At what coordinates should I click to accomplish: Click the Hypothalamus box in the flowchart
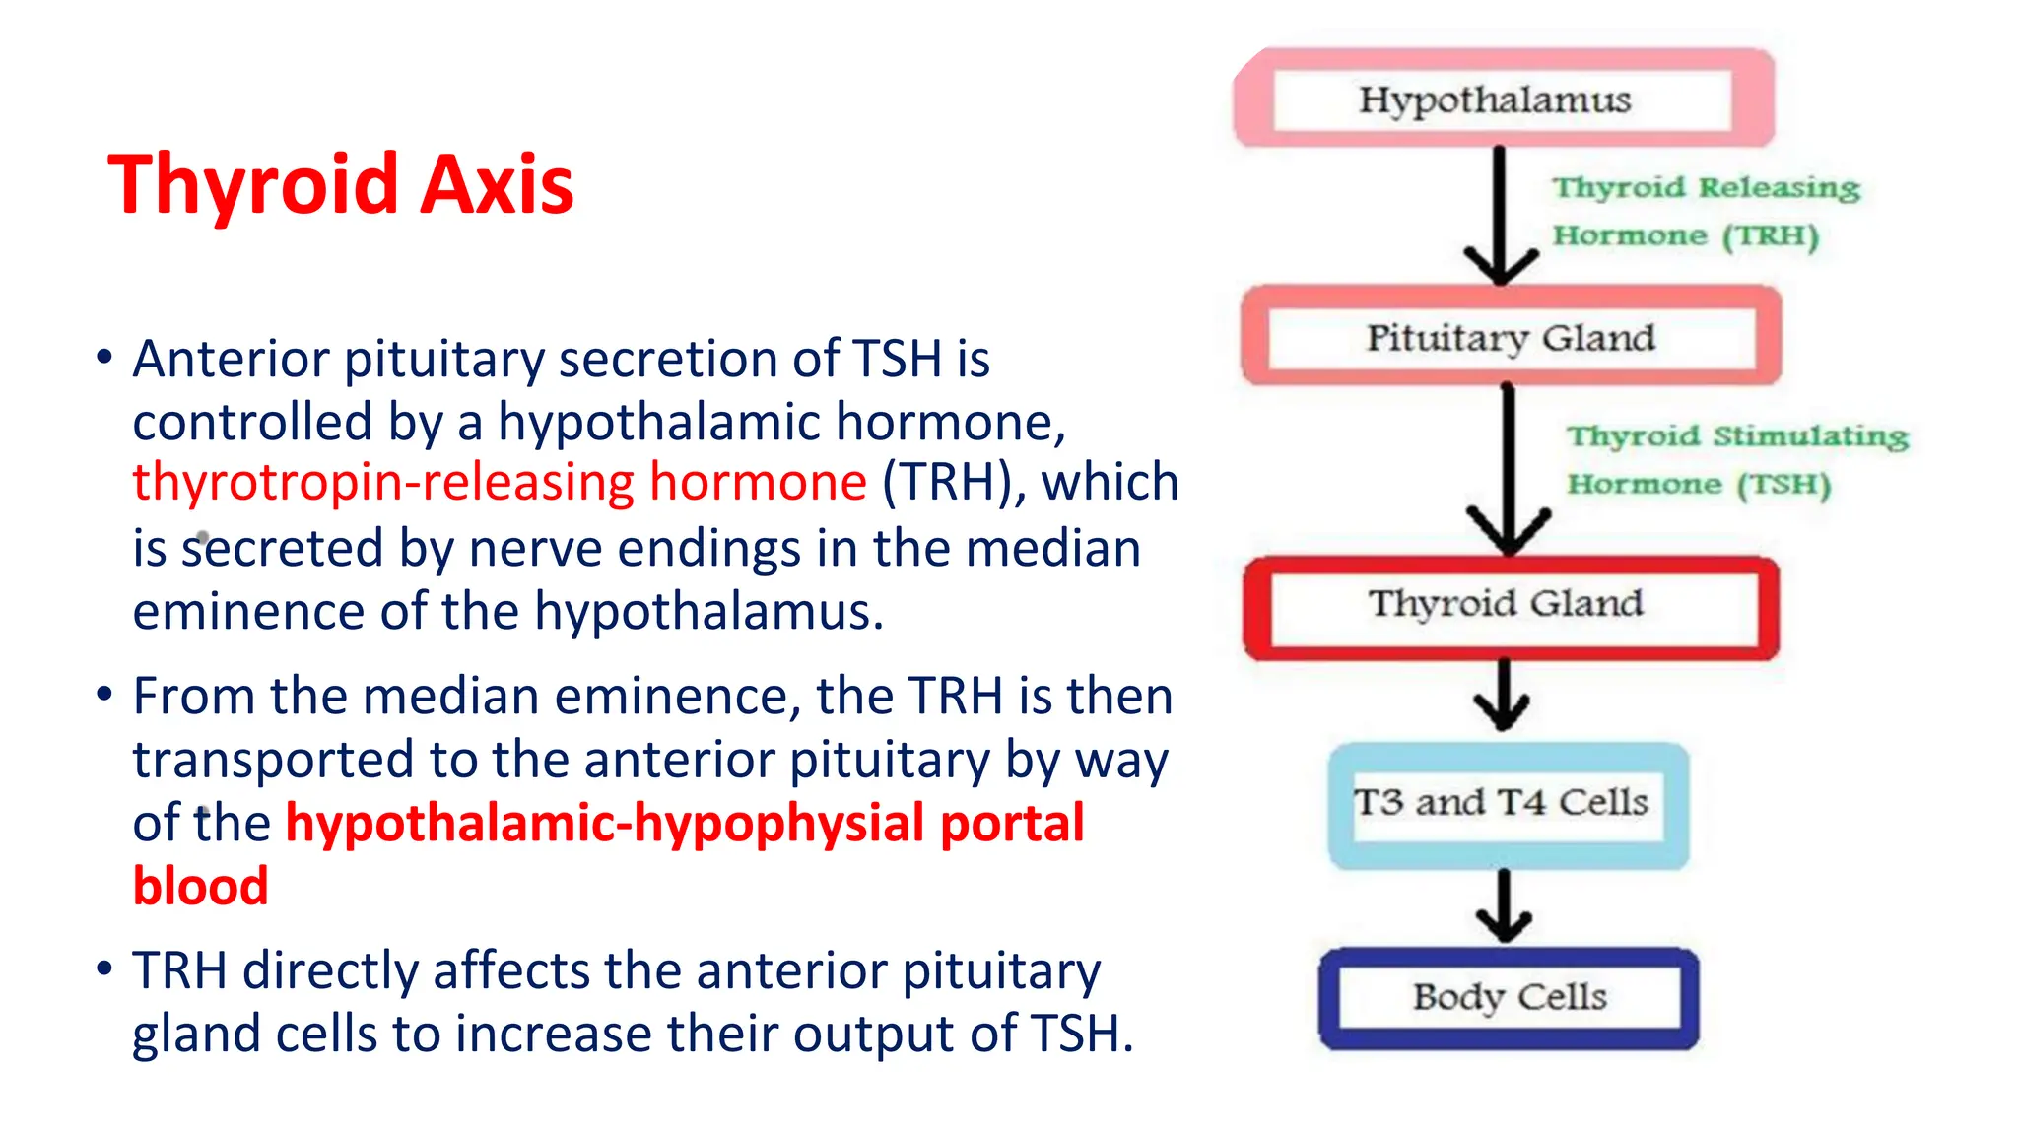point(1503,99)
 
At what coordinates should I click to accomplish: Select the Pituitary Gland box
point(1511,337)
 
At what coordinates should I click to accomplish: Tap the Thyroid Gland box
point(1511,603)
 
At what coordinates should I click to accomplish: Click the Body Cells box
point(1509,997)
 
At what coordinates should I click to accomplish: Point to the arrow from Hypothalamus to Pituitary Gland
point(1499,217)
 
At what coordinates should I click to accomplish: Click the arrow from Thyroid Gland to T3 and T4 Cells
point(1503,696)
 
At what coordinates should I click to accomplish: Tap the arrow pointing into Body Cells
point(1504,906)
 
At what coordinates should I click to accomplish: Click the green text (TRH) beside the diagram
point(1771,236)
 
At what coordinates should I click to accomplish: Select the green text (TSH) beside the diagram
point(1783,485)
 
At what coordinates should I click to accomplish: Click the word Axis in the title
point(497,184)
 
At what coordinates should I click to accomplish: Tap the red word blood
point(200,886)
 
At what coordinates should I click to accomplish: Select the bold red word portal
point(1012,824)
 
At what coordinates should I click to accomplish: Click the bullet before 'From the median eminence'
point(104,694)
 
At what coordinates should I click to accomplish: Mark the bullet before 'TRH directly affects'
point(104,968)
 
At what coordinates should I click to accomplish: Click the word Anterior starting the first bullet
point(230,359)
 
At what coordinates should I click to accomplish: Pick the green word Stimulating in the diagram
point(1810,435)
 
